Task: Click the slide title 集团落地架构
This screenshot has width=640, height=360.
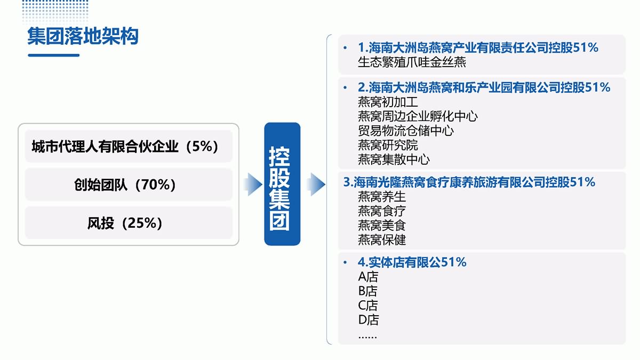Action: coord(83,36)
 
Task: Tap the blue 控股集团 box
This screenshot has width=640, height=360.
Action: coord(282,184)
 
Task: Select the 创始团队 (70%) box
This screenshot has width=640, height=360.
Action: coord(129,185)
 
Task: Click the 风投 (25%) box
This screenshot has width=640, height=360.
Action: coord(129,223)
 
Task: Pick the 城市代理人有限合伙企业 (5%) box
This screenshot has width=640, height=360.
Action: coord(129,146)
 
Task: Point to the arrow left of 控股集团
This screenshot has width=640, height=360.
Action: coord(253,185)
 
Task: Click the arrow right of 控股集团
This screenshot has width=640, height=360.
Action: coord(316,185)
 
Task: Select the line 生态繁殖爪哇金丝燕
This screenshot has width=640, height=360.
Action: coord(412,62)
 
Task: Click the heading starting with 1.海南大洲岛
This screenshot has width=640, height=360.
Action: coord(478,47)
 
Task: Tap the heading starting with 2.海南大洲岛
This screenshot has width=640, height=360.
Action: coord(484,87)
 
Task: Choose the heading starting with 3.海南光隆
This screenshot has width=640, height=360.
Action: coord(469,182)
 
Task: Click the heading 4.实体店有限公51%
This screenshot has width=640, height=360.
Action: coord(412,262)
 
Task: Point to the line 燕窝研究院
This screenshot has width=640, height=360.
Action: coord(388,145)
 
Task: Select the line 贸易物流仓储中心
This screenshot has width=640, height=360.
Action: coord(406,131)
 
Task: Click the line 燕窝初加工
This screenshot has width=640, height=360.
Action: coord(388,102)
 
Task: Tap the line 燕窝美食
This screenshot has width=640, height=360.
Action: coord(382,226)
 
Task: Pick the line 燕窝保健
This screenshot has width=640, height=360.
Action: coord(382,239)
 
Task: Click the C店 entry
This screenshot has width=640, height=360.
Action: coord(367,306)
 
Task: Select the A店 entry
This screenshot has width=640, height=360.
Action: coord(368,277)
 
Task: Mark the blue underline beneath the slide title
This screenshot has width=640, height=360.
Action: coord(54,55)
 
